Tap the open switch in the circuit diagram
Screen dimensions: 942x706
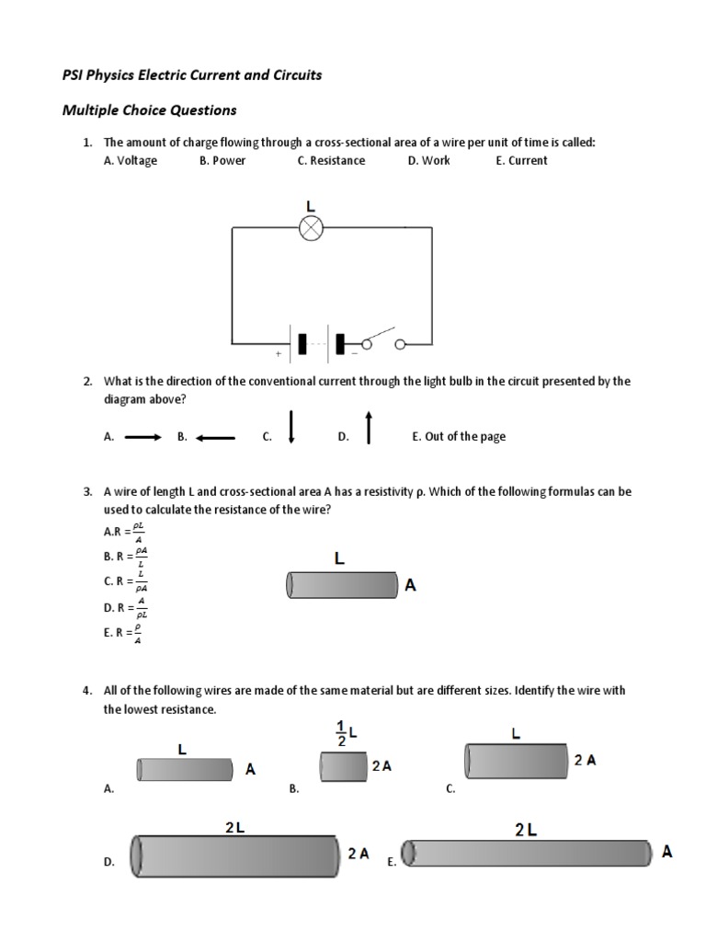(381, 339)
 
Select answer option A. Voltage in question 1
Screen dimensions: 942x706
(131, 160)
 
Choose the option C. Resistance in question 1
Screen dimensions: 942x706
(331, 160)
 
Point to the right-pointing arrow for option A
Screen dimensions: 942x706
(142, 437)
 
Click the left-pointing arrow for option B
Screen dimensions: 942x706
(216, 437)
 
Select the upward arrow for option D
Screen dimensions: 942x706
(369, 427)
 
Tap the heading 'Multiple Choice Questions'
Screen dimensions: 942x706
(149, 110)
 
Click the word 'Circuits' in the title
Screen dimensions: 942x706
(291, 75)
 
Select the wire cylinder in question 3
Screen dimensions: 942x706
(341, 584)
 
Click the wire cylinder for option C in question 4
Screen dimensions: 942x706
(516, 761)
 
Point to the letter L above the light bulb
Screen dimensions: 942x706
(311, 206)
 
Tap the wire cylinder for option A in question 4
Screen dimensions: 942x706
(185, 770)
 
